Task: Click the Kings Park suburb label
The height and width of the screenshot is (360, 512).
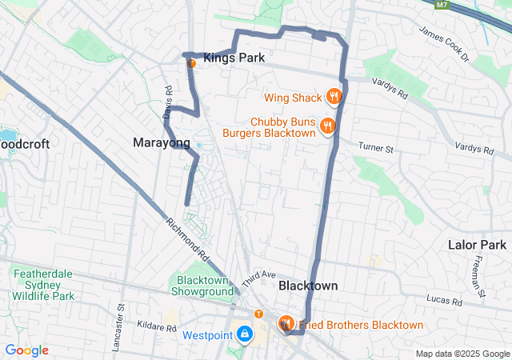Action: (234, 58)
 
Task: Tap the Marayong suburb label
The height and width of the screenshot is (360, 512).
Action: (162, 142)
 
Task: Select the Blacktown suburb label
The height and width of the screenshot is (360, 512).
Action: (308, 286)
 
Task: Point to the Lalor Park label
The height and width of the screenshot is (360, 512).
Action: (478, 245)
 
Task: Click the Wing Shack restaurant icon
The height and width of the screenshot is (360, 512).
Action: (334, 98)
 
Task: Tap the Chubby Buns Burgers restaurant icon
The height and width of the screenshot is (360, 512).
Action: (327, 126)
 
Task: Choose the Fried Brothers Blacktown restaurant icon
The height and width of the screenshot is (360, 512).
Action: (286, 324)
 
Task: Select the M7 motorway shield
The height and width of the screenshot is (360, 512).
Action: (442, 5)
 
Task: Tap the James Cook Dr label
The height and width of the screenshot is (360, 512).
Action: (443, 43)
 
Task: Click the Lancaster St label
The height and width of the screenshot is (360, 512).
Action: (122, 318)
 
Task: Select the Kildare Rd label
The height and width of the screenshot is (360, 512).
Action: (156, 327)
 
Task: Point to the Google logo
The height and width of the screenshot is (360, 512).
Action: (26, 350)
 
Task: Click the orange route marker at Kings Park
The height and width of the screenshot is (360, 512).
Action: (191, 62)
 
